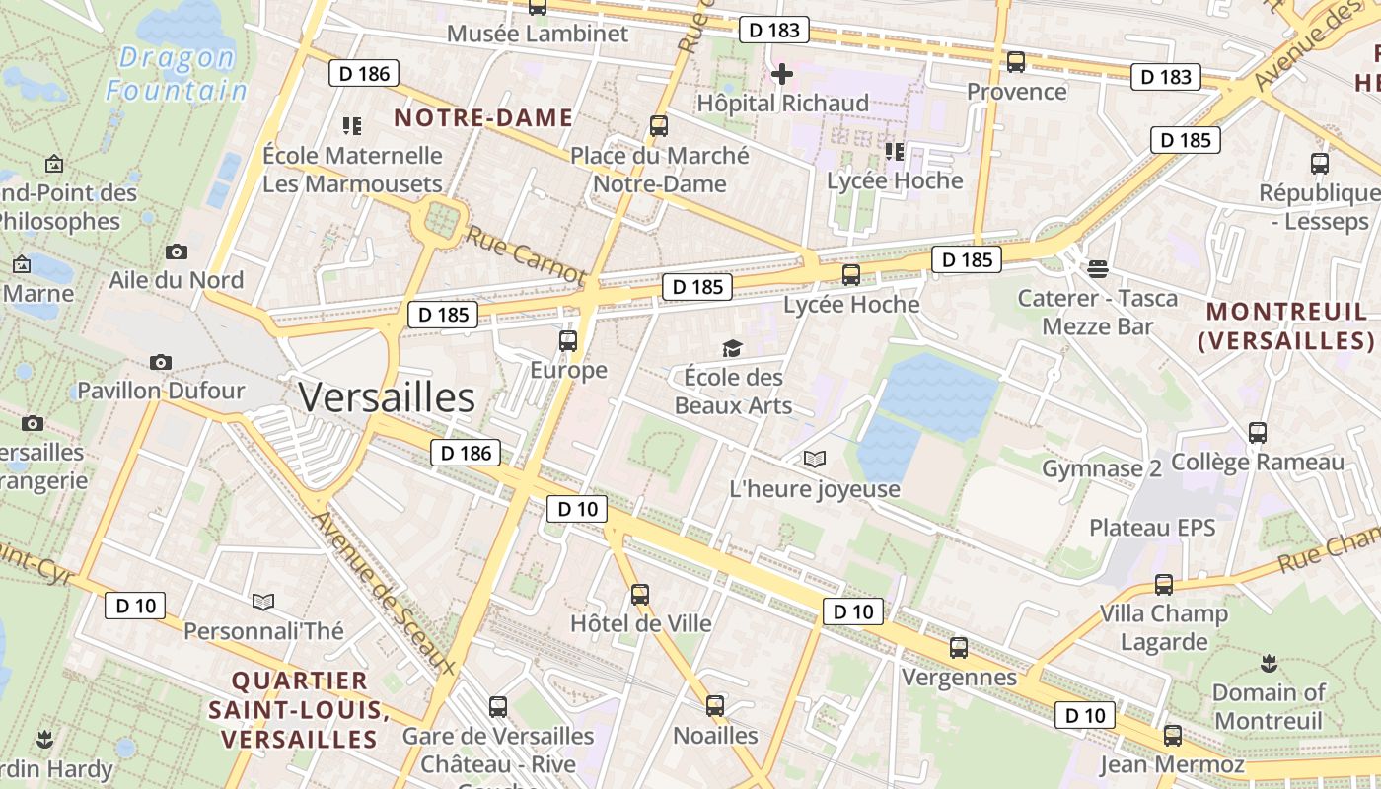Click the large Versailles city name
(x=387, y=397)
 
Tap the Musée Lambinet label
(x=538, y=34)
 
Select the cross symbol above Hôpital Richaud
(x=782, y=74)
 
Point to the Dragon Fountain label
(x=178, y=74)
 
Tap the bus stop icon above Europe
(x=568, y=341)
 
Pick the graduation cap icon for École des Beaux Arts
(x=732, y=348)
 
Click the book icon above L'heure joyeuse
(x=814, y=460)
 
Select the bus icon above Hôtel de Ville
(x=640, y=595)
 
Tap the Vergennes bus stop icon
(x=959, y=648)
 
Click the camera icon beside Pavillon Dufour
(x=161, y=362)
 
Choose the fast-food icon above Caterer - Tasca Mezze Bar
(x=1098, y=268)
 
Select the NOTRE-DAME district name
(x=483, y=118)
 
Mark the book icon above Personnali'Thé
(x=262, y=602)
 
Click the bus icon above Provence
(x=1016, y=62)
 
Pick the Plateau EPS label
(x=1152, y=528)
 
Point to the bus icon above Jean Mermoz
(x=1172, y=735)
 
